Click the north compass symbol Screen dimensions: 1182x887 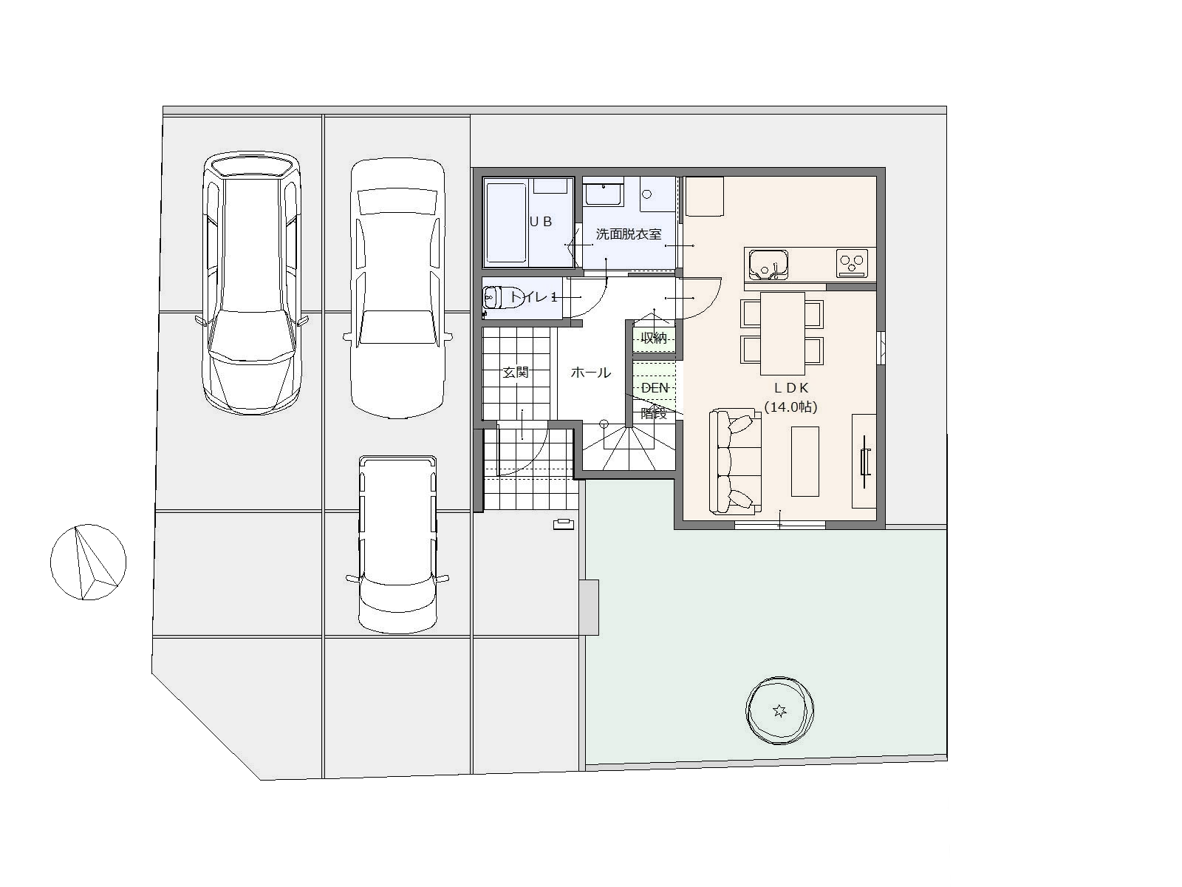[89, 562]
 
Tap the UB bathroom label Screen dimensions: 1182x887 [541, 221]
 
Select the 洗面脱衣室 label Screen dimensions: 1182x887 [629, 234]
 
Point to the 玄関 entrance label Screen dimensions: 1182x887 [516, 372]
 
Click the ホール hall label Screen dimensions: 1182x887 [591, 372]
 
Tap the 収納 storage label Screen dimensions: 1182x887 [654, 338]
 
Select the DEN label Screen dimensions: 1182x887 [655, 388]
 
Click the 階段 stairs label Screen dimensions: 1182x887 [654, 414]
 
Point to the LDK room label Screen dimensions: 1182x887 [792, 388]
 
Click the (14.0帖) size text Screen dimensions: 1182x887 [790, 407]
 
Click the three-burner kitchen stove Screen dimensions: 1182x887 [853, 264]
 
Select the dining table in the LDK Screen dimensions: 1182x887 [782, 333]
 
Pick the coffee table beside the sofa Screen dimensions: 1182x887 [805, 461]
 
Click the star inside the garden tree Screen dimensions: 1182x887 [779, 711]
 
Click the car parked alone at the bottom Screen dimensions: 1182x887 [397, 544]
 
